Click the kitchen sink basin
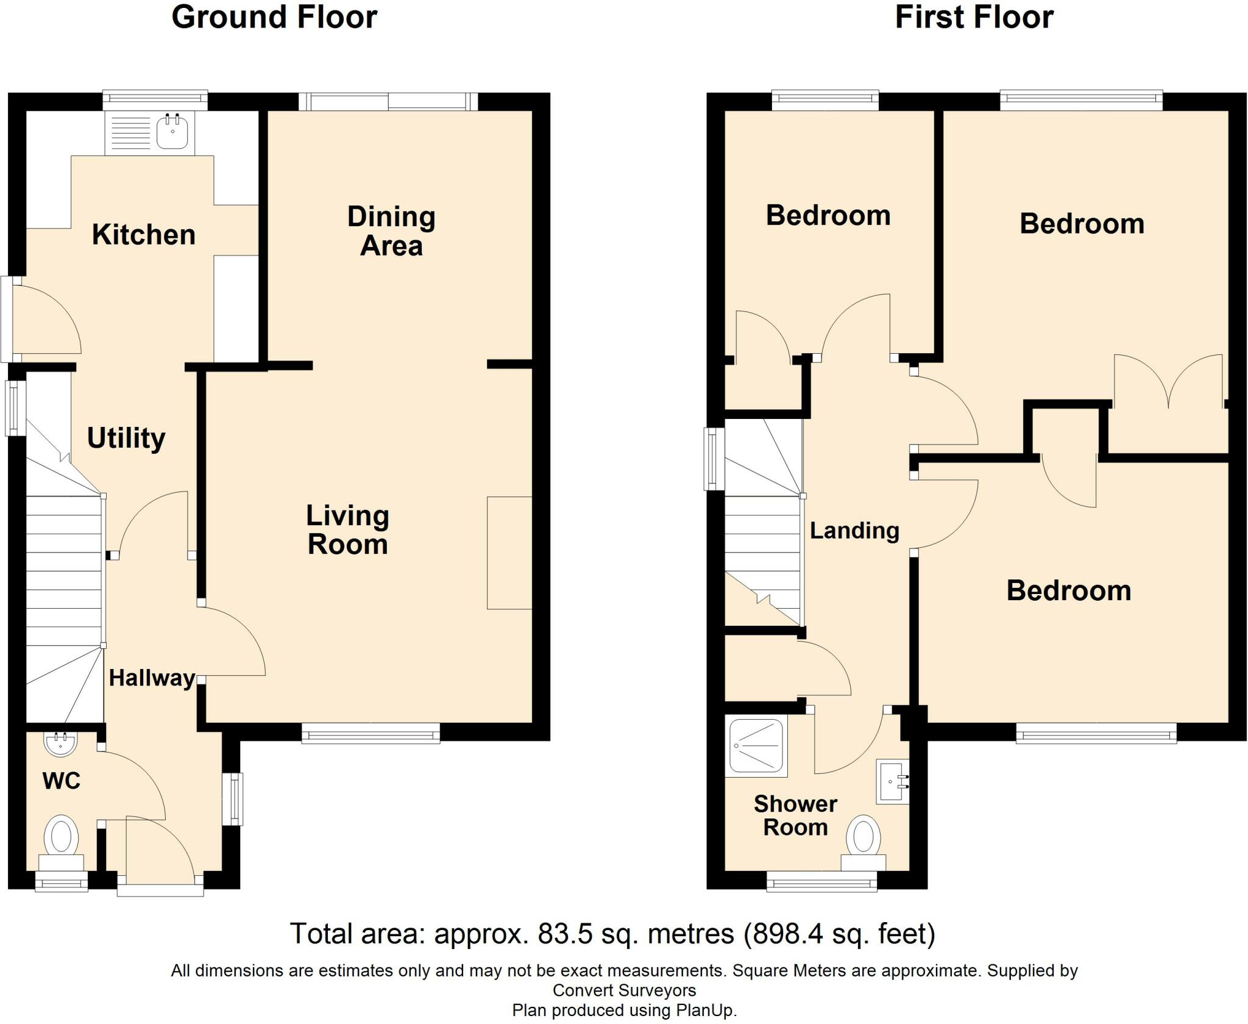[x=172, y=132]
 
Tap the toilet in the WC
[x=61, y=843]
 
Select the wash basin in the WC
[x=60, y=743]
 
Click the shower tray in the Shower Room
[x=756, y=747]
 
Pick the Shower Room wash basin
[x=893, y=781]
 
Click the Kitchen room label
[x=144, y=235]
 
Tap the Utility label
[x=126, y=439]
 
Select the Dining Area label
[x=391, y=231]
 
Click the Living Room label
[x=347, y=530]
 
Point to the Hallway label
[x=152, y=678]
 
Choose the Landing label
[x=854, y=531]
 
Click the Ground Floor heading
[x=274, y=17]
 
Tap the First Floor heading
[x=974, y=17]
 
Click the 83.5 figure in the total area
[x=564, y=934]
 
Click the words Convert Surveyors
[x=624, y=990]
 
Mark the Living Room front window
[x=370, y=732]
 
